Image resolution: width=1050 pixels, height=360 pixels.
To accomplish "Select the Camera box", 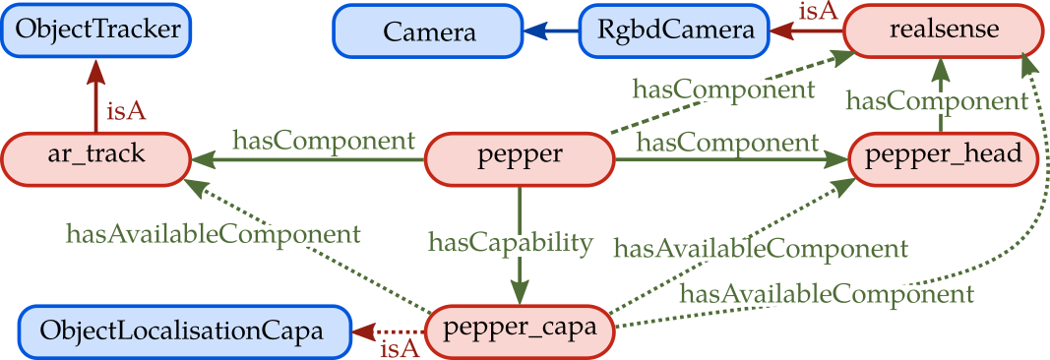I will [429, 31].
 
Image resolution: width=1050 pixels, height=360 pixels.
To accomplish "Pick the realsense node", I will [943, 30].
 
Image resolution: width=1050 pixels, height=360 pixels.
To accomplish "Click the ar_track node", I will [94, 155].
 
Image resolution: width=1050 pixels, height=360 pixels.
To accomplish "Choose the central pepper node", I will [519, 155].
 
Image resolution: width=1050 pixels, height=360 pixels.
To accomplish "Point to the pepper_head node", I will [943, 155].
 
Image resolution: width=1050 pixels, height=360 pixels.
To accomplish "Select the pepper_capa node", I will [519, 327].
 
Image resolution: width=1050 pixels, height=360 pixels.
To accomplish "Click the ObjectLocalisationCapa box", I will [184, 330].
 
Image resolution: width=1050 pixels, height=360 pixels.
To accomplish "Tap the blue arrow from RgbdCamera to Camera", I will [550, 31].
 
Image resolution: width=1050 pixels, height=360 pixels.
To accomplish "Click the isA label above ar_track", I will [126, 111].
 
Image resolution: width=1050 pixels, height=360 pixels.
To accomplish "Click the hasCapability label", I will [511, 243].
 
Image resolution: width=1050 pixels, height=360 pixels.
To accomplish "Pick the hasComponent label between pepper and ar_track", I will [323, 140].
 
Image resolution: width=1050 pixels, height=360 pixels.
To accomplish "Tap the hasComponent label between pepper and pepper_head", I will [727, 143].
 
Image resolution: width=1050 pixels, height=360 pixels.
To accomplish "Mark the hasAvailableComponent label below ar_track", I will [213, 234].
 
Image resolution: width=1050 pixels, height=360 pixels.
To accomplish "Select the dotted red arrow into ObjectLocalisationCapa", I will [388, 331].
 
